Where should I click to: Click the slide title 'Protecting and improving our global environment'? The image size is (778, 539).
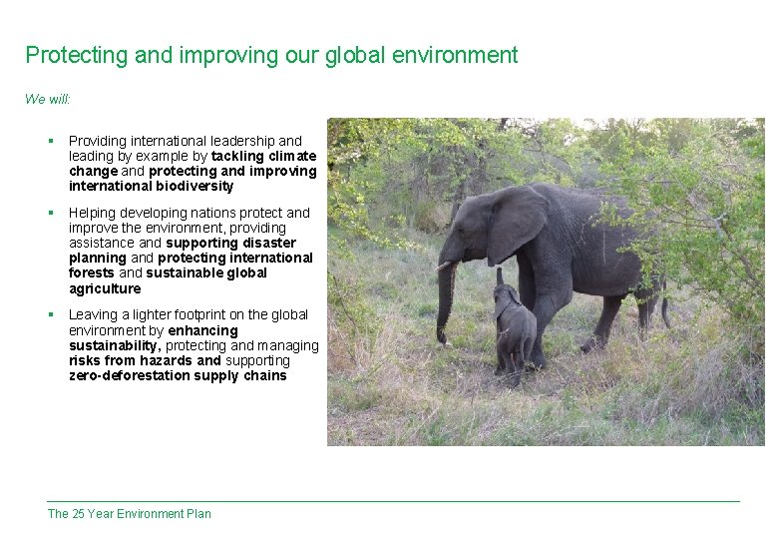271,55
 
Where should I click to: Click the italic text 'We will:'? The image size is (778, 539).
48,99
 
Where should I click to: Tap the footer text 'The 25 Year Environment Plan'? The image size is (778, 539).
130,514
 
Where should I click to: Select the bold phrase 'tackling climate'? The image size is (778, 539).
263,156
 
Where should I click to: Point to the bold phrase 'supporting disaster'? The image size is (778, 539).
231,243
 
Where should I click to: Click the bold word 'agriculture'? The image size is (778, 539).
105,288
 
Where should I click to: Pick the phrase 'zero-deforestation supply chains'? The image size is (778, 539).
178,375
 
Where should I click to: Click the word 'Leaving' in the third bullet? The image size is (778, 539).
93,314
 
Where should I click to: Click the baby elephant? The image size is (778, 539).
514,329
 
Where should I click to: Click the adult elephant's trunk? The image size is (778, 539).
445,299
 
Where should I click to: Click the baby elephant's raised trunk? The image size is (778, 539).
500,276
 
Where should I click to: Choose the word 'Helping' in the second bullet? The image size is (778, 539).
93,213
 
